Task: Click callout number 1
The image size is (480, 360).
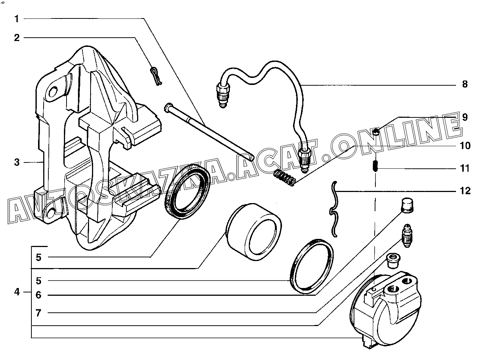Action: pos(17,18)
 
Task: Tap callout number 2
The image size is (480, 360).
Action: pos(17,38)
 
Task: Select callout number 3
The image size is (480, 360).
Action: pos(17,162)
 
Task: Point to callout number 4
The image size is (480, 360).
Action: pos(17,292)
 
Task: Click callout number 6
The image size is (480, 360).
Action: pos(38,295)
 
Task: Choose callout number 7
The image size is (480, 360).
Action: pos(38,313)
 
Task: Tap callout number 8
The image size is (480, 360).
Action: pos(464,84)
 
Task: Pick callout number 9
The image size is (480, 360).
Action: pos(464,117)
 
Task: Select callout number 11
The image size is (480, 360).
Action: pos(465,169)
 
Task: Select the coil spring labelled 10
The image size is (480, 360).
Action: pos(285,178)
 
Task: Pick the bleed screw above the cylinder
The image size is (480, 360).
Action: pos(406,236)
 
